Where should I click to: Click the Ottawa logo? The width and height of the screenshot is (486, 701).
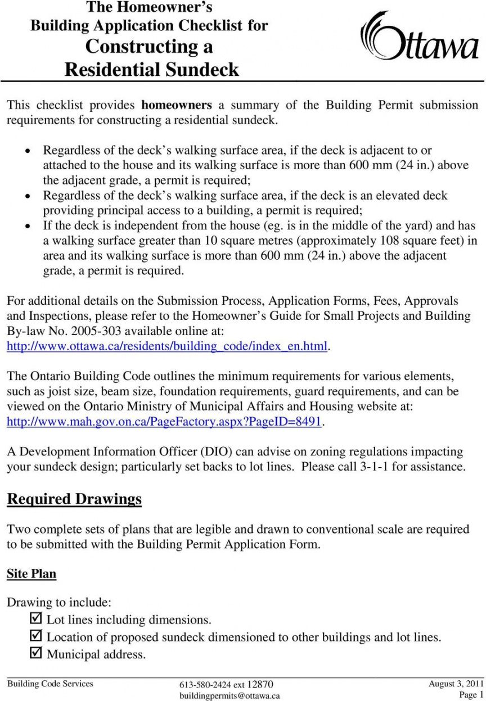tap(418, 37)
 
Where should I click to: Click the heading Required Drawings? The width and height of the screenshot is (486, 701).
tap(74, 499)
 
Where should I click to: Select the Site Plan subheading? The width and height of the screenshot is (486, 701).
tap(31, 574)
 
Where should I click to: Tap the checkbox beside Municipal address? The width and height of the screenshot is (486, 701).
tap(35, 653)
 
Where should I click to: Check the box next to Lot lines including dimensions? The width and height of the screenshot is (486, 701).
tap(35, 619)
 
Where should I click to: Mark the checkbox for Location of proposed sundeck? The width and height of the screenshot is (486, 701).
tap(35, 636)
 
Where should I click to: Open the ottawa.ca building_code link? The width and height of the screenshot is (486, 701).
tap(166, 346)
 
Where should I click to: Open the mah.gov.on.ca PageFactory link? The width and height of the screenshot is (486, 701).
tap(164, 421)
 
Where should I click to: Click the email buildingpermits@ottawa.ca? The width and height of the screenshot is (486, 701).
tap(229, 696)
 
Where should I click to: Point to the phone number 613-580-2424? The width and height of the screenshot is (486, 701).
tap(206, 685)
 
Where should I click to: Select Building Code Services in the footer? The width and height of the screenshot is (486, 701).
tap(49, 684)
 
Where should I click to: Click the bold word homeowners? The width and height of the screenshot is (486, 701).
tap(176, 105)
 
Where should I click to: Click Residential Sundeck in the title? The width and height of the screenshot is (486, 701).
tap(152, 70)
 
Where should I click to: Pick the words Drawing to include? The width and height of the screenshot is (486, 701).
tap(59, 602)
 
